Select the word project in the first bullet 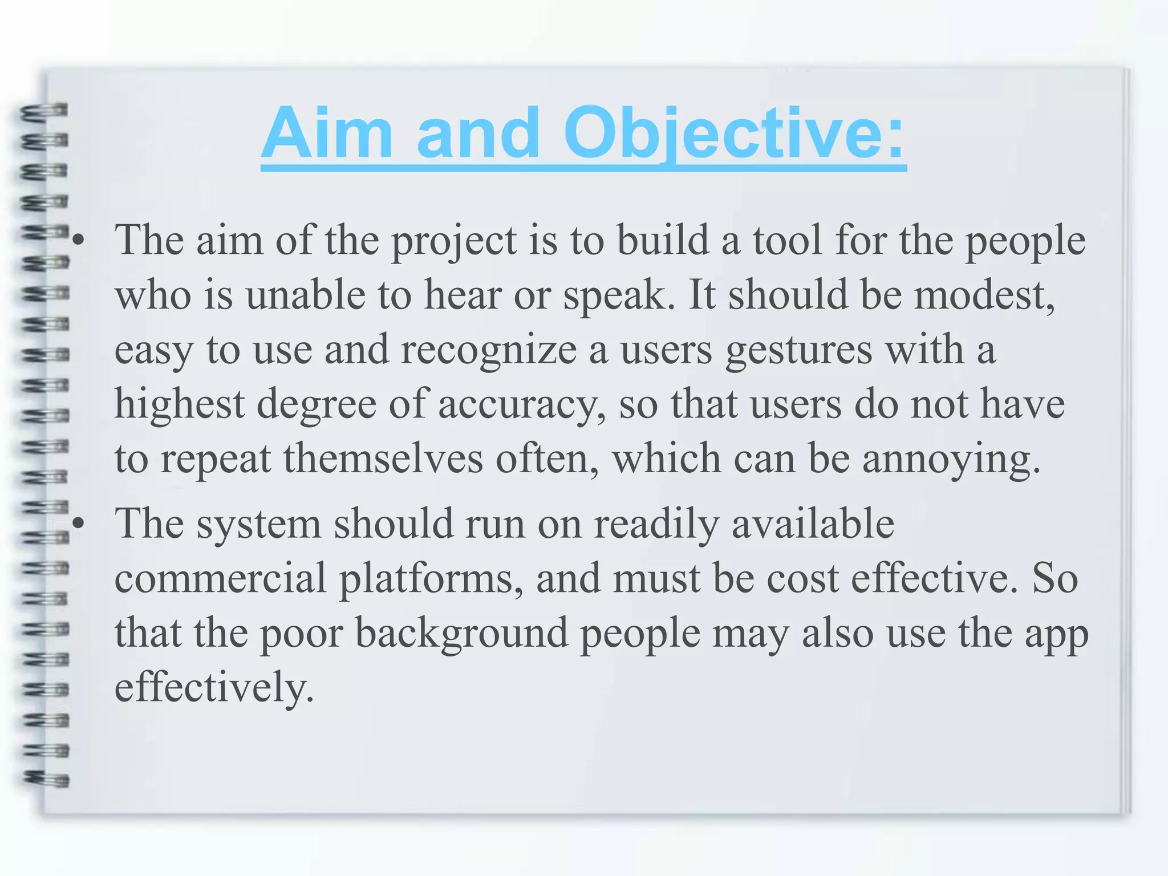coord(453,241)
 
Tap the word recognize coord(489,350)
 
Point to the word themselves coord(383,459)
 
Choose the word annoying coord(951,460)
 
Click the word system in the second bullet coord(259,524)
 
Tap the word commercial coord(221,578)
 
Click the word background coord(461,633)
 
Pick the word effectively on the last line coord(214,687)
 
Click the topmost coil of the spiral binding coord(44,110)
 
